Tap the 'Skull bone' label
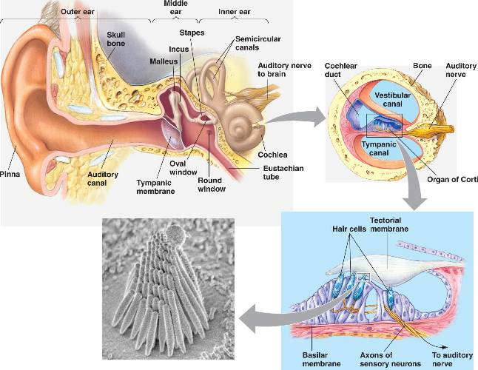[116, 39]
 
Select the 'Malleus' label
[163, 61]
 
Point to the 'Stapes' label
[192, 33]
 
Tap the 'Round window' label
[210, 184]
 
